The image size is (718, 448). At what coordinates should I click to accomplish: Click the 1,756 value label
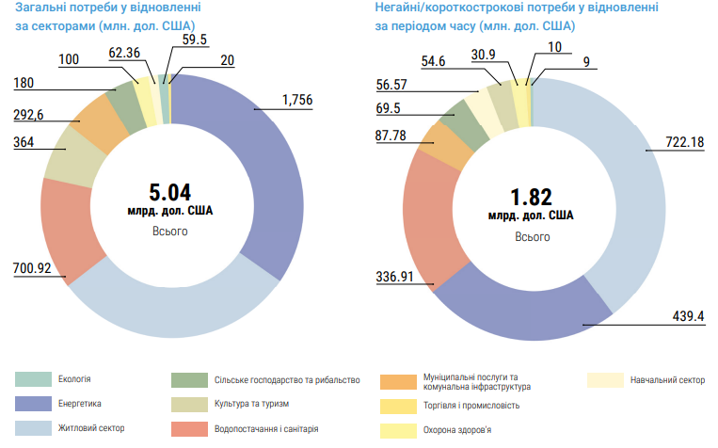[x=297, y=101]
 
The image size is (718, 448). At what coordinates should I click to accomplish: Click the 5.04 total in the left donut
[x=170, y=191]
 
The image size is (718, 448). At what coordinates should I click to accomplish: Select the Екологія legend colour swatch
[x=33, y=379]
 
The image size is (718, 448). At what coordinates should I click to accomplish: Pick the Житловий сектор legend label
[x=92, y=429]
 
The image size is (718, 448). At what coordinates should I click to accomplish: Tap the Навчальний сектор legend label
[x=666, y=380]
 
